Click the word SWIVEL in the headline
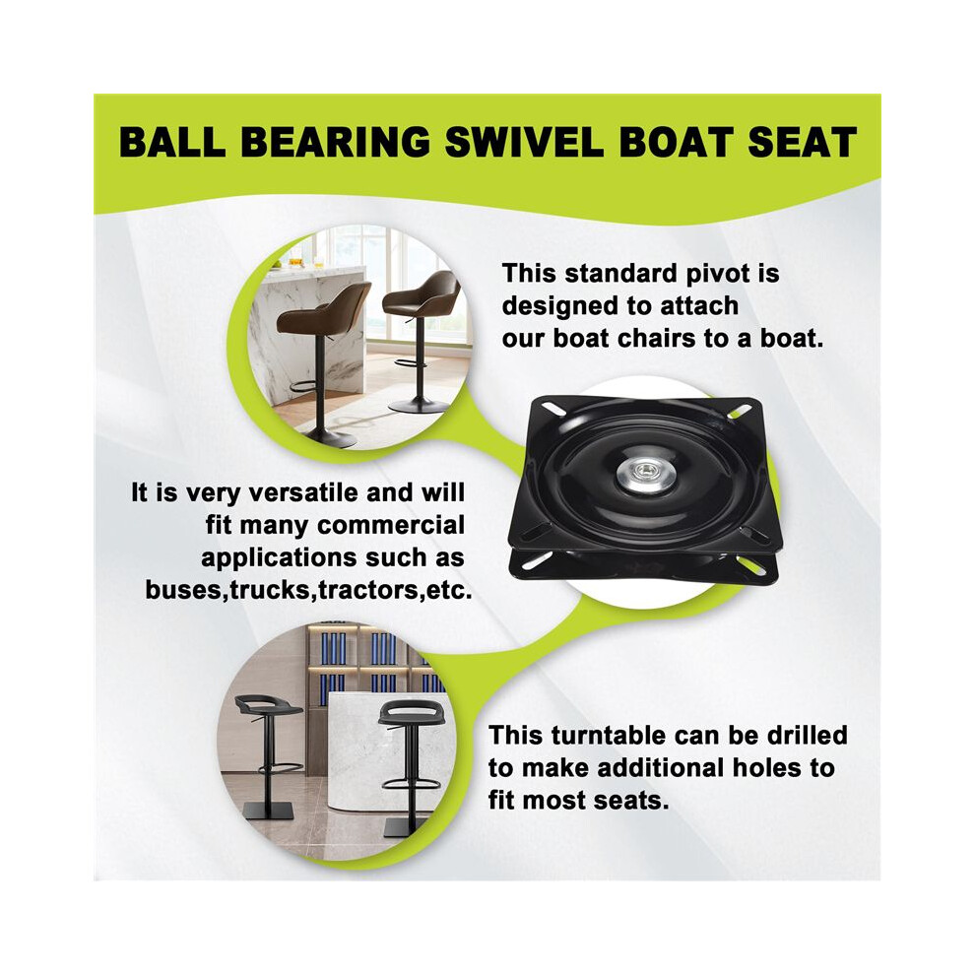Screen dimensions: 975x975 coord(524,142)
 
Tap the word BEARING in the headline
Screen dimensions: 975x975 coord(335,142)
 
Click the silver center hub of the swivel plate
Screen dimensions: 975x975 coord(645,477)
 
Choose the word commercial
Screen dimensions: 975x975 coord(391,526)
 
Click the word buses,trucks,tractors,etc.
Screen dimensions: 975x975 coord(308,590)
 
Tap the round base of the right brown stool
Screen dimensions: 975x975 coord(419,407)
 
